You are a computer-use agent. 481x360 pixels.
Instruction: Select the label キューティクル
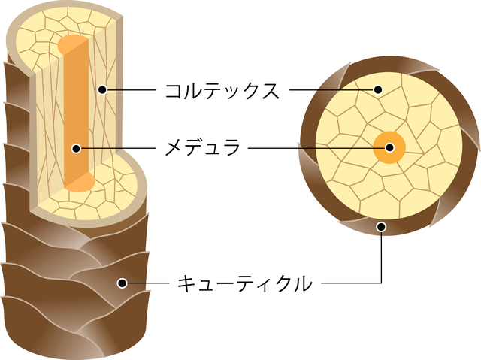click(x=244, y=284)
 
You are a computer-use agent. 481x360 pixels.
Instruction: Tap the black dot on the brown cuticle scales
click(x=120, y=283)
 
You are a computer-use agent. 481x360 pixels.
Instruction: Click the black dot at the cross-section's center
click(x=389, y=148)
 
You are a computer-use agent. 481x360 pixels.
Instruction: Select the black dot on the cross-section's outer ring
click(x=382, y=225)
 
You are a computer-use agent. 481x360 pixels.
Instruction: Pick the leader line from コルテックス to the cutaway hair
click(x=132, y=91)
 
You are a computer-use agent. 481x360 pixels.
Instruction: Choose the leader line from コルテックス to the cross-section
click(x=331, y=91)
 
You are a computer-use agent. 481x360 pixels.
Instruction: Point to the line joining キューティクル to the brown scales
click(x=147, y=283)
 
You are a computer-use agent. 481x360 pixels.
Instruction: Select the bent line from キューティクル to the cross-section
click(x=361, y=283)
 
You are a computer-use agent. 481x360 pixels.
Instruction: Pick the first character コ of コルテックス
click(x=175, y=92)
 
